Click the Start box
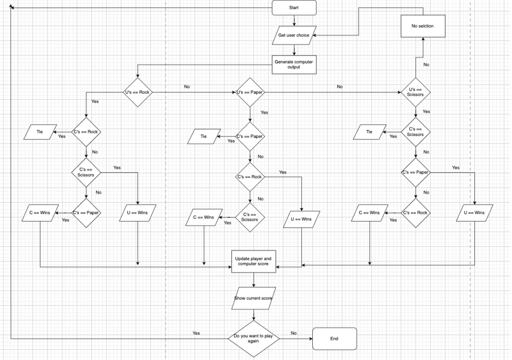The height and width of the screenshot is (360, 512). (x=294, y=8)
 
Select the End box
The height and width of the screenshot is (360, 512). (x=334, y=339)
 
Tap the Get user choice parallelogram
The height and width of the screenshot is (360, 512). (x=294, y=35)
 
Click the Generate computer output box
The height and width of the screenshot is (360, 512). (x=294, y=65)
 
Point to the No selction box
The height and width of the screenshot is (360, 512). (x=423, y=26)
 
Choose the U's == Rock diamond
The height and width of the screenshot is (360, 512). (x=138, y=92)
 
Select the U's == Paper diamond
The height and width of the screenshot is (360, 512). (x=250, y=92)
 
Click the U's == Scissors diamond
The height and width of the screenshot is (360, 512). (x=415, y=92)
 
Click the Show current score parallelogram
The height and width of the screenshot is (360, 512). (x=253, y=298)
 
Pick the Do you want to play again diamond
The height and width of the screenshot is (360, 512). (x=253, y=339)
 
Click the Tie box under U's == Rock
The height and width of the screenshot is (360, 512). (x=40, y=132)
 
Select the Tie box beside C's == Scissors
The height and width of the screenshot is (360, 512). (x=369, y=132)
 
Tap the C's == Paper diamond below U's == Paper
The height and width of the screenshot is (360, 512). (x=250, y=136)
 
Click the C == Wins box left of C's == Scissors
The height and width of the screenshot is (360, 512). (x=203, y=218)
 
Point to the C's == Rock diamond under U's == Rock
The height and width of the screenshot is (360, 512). (x=86, y=132)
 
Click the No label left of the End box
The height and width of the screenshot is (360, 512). (x=294, y=333)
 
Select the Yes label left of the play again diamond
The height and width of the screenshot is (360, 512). (x=196, y=333)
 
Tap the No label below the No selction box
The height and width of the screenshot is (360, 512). (x=426, y=65)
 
